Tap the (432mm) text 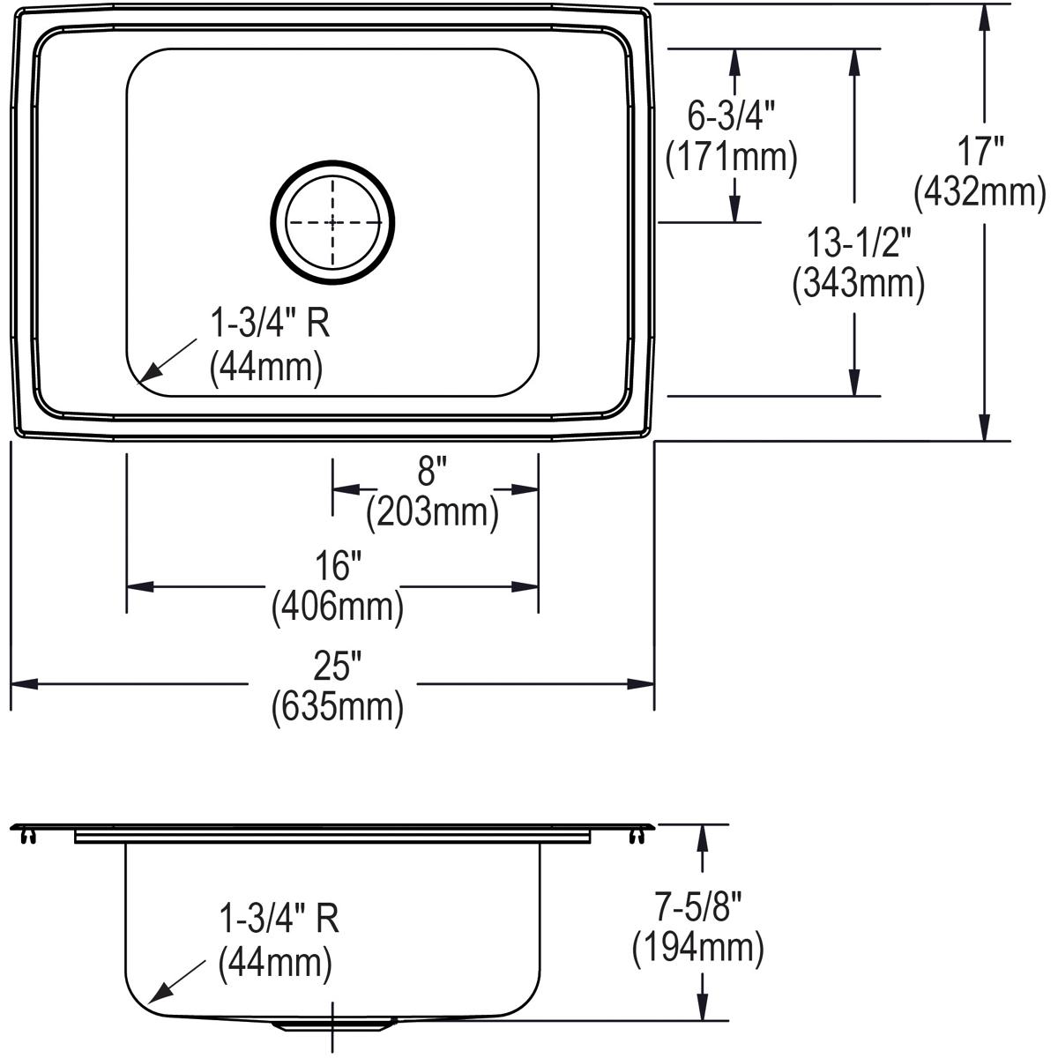pos(980,192)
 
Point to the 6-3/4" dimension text pos(731,115)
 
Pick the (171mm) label pos(731,156)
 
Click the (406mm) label pos(338,607)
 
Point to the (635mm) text pos(338,706)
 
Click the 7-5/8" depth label pos(698,905)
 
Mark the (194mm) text pos(697,947)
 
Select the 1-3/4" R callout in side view pos(279,920)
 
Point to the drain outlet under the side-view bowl pos(332,1025)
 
